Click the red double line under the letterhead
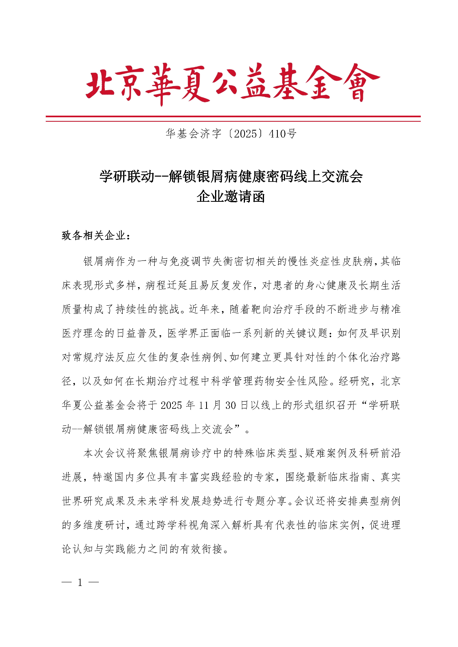pos(232,118)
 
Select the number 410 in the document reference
pos(277,134)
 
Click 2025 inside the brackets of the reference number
pos(245,134)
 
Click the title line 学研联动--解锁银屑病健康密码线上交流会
pos(231,176)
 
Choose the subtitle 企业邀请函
pos(231,197)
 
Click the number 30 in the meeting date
pos(231,405)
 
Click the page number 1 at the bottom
pos(80,583)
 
